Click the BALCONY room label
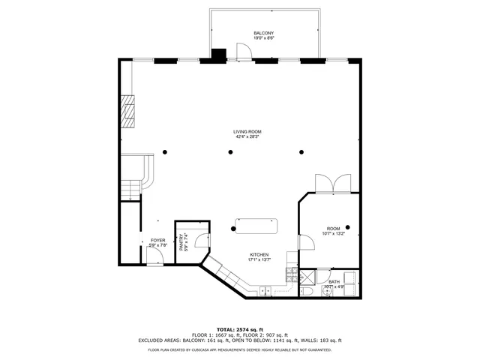[263, 34]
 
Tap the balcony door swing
[242, 51]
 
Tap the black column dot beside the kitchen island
[234, 227]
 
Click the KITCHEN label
[259, 255]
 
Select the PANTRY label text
[181, 243]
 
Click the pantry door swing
[200, 240]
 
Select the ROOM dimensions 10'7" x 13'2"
[333, 233]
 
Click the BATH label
[333, 282]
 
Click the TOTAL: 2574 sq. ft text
[240, 329]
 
